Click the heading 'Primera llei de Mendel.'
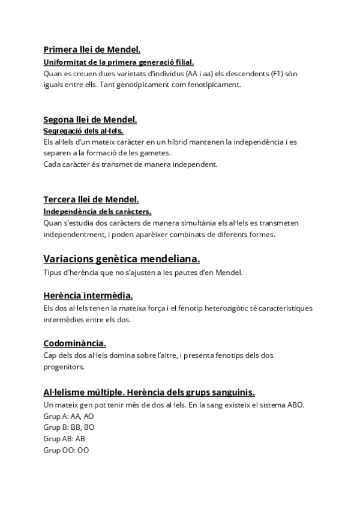[x=92, y=49]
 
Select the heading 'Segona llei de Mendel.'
[x=90, y=119]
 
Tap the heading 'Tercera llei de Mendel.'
[x=91, y=199]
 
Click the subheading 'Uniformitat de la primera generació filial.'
[x=118, y=62]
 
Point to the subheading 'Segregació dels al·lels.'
[x=83, y=131]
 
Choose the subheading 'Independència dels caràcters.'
[x=97, y=211]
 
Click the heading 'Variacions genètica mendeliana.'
[x=122, y=259]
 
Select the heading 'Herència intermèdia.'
[x=88, y=295]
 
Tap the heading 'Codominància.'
[x=75, y=343]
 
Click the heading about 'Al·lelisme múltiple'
[x=149, y=392]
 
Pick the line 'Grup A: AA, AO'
[x=68, y=416]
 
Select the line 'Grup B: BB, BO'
[x=68, y=427]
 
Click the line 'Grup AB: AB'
[x=64, y=439]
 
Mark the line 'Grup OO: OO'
[x=66, y=450]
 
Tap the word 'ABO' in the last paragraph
[x=294, y=405]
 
